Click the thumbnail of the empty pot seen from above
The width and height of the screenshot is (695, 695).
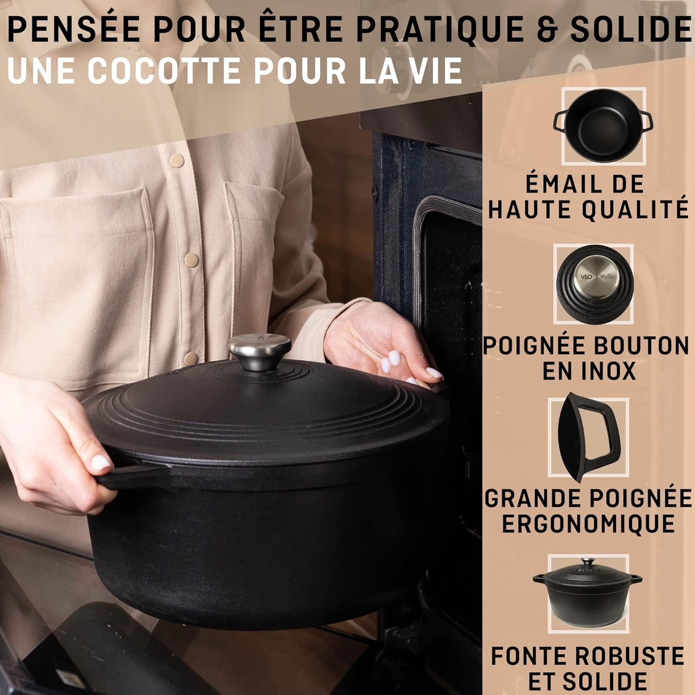[x=604, y=125]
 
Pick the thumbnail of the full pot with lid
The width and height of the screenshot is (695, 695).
[x=588, y=593]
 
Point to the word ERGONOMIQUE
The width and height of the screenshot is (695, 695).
[x=588, y=524]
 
